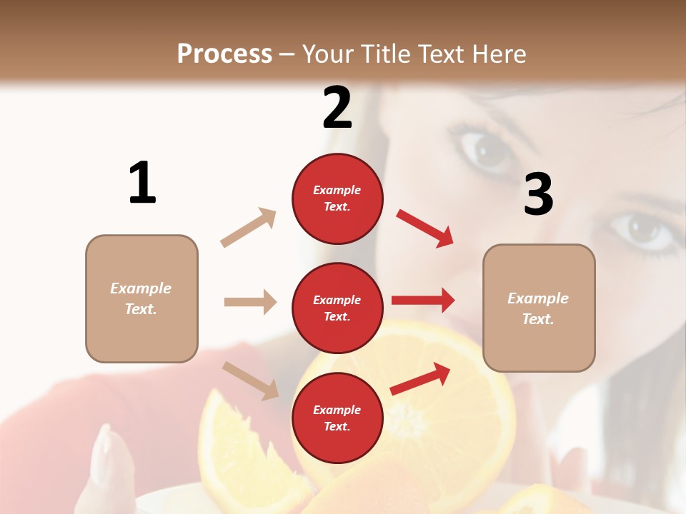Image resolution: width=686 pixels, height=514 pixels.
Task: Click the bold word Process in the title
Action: click(224, 54)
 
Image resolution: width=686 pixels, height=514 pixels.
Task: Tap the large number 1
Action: click(142, 183)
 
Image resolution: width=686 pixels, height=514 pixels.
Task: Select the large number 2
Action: click(337, 109)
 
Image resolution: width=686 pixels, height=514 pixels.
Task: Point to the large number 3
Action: click(538, 195)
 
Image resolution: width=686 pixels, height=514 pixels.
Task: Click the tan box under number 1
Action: click(141, 298)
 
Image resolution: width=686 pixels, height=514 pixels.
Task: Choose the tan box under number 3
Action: click(539, 308)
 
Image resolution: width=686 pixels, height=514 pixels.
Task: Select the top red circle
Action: click(337, 198)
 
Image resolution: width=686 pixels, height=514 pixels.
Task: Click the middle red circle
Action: click(337, 308)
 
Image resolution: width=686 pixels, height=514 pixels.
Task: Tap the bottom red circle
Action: click(337, 418)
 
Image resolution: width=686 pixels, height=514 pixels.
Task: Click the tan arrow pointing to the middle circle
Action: click(250, 302)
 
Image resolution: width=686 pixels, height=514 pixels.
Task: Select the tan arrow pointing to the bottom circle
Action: click(250, 381)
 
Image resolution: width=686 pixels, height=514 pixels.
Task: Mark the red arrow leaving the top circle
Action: click(425, 228)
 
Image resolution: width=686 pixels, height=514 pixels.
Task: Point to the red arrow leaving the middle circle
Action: click(423, 301)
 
